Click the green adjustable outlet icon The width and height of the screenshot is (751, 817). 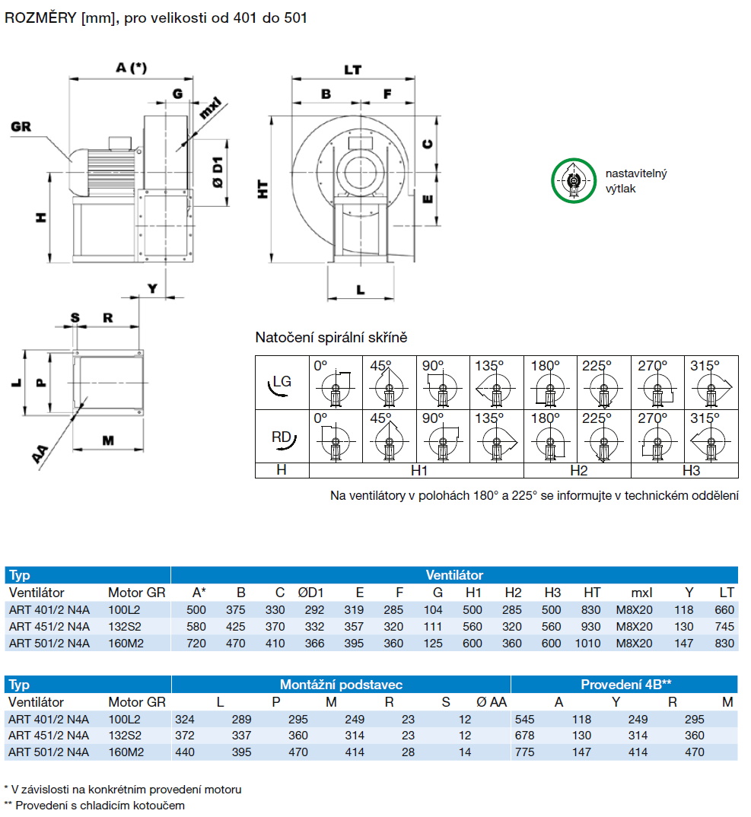tap(572, 181)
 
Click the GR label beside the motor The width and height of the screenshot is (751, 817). tap(21, 126)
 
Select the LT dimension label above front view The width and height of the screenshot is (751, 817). tap(352, 69)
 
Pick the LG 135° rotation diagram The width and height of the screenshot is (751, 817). tap(497, 384)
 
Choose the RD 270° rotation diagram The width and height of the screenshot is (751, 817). tap(658, 437)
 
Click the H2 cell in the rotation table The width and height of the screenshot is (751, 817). tap(578, 471)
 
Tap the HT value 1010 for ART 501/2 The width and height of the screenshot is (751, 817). tap(592, 644)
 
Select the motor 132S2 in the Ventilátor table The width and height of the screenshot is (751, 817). tap(125, 627)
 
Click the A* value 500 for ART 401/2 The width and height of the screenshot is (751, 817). tap(197, 610)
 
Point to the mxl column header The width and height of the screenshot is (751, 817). tap(642, 593)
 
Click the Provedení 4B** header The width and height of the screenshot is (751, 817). tap(624, 685)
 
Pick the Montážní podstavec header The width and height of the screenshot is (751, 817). tap(341, 685)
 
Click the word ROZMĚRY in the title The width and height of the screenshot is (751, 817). tap(36, 17)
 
